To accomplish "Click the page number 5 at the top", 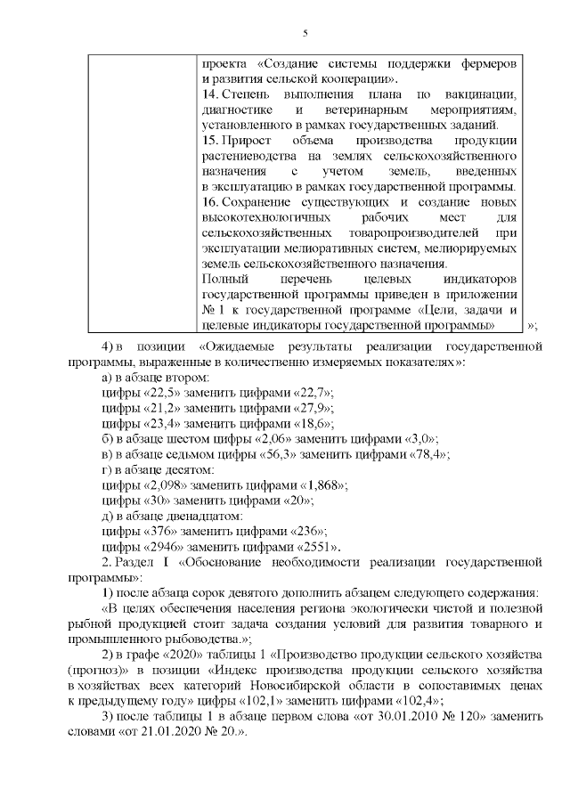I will click(x=305, y=34).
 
